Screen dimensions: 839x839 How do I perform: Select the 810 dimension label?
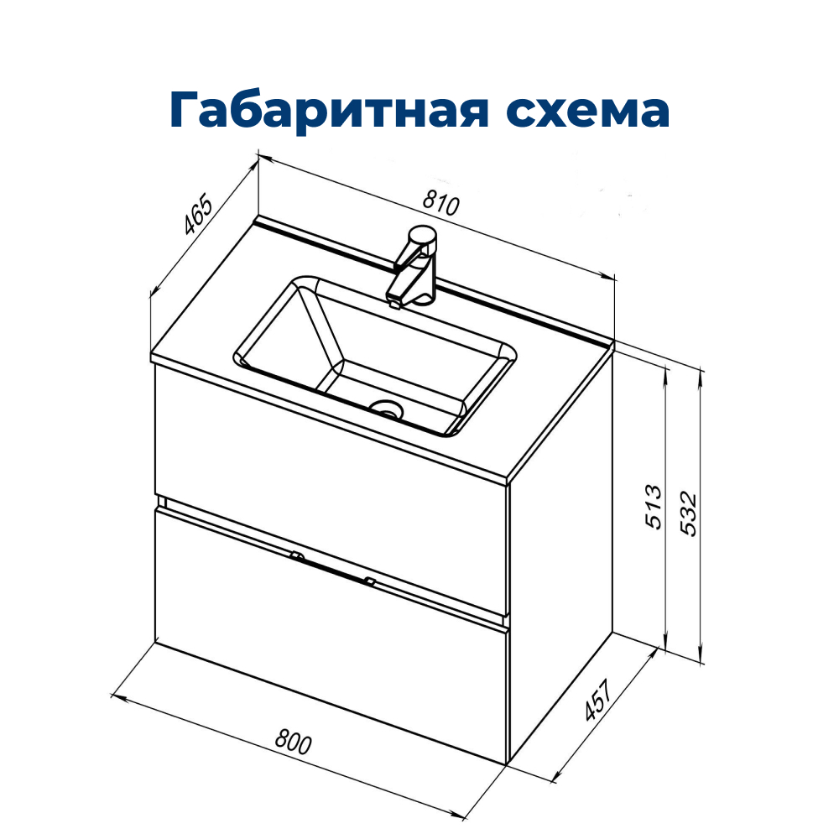click(x=442, y=204)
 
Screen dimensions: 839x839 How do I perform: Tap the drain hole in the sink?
click(x=387, y=409)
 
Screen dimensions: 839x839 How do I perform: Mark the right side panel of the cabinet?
click(x=560, y=554)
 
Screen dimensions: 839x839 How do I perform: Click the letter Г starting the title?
click(x=187, y=111)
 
